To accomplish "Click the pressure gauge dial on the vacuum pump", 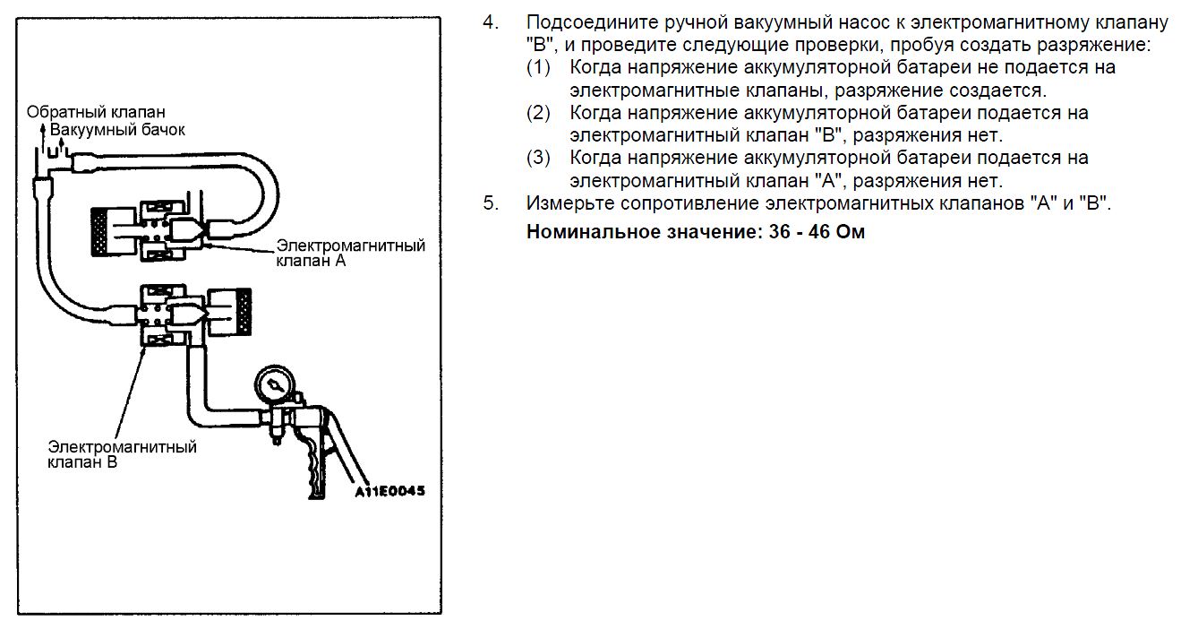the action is (x=275, y=384).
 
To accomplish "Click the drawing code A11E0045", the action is (x=389, y=491).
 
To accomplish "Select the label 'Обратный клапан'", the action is (x=96, y=112).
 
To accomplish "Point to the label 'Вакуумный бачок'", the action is (x=117, y=130).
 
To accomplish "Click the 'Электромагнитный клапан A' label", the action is (x=350, y=254).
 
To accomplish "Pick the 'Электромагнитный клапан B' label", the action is (x=122, y=454).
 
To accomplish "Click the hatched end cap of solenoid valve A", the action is (x=99, y=232).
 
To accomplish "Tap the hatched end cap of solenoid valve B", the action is (x=244, y=312).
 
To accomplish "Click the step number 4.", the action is (x=491, y=22).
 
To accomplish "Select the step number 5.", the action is (x=491, y=203).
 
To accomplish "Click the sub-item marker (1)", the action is (x=538, y=68).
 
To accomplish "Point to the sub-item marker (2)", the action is (x=538, y=113).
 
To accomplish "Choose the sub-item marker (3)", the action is (x=538, y=158).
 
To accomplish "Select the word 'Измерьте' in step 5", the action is (x=569, y=204).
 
